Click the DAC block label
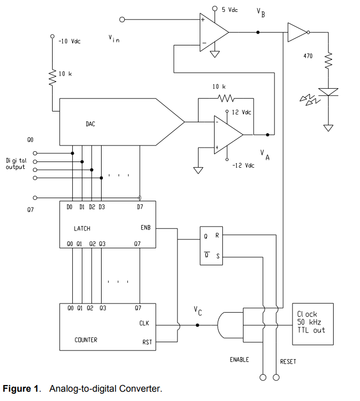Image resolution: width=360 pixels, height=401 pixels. [90, 124]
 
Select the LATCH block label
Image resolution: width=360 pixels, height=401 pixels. [83, 228]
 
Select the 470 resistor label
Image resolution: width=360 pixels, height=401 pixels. [308, 55]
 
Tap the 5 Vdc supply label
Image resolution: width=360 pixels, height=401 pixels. [230, 10]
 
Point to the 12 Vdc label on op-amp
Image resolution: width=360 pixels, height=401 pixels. [241, 112]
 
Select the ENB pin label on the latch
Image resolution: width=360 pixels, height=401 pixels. [146, 228]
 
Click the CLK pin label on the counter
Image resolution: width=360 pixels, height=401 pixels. [144, 324]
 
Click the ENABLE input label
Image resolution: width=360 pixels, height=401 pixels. [239, 359]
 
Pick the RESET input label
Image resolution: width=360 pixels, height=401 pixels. [288, 361]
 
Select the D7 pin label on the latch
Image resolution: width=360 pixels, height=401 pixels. [140, 207]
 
